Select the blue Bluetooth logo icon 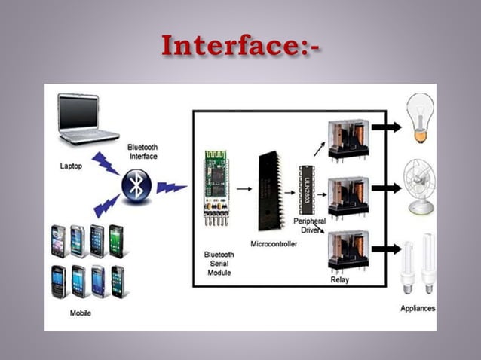tap(136, 185)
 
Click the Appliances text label tap(417, 308)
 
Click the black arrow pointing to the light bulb tap(387, 127)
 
